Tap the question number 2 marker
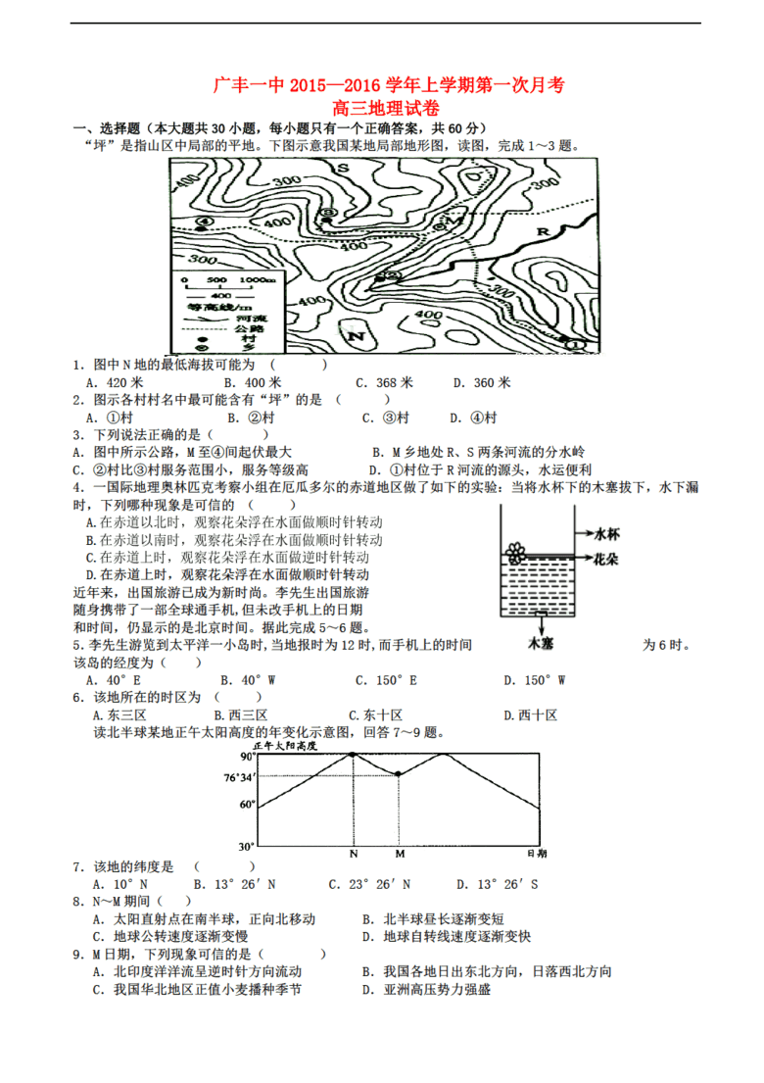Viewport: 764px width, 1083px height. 75,400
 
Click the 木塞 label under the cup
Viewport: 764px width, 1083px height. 541,644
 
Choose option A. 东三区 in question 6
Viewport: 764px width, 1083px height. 116,714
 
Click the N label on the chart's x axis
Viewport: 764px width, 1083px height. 354,854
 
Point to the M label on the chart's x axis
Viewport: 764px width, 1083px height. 399,854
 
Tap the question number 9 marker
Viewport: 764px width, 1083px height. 75,954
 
